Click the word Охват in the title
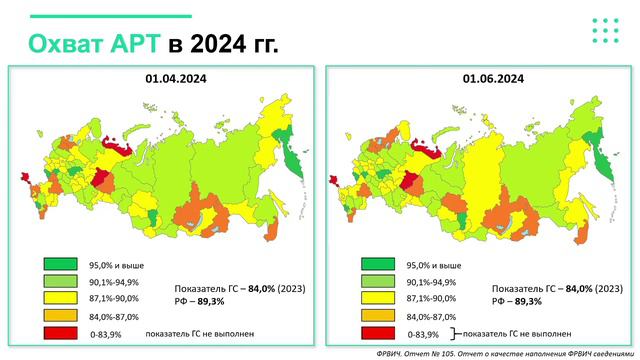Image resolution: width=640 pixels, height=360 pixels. coord(67,45)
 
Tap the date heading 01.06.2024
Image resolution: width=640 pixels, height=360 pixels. coord(478,78)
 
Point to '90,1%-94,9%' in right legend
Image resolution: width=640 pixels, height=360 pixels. coord(431,283)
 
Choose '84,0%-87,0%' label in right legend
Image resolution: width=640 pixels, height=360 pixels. coord(431,317)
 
